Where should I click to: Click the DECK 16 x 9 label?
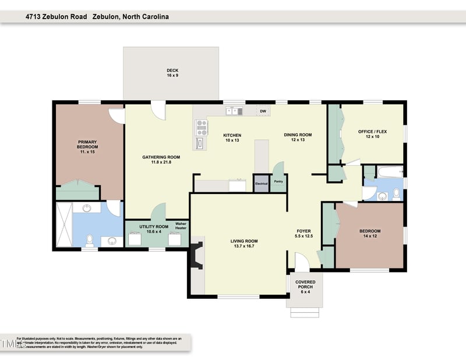click(x=172, y=73)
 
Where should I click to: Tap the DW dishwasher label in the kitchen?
click(x=263, y=111)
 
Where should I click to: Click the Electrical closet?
click(x=262, y=183)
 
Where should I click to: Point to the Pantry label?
click(x=278, y=181)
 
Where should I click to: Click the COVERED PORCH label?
click(x=305, y=285)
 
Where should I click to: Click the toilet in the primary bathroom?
click(x=89, y=239)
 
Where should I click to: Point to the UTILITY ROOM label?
click(x=154, y=229)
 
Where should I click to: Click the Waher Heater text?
click(x=181, y=225)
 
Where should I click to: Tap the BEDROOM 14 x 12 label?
click(x=370, y=234)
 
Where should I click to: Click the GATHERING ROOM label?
click(x=161, y=160)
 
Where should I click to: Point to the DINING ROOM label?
click(x=298, y=137)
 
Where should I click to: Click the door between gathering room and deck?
click(x=158, y=108)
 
